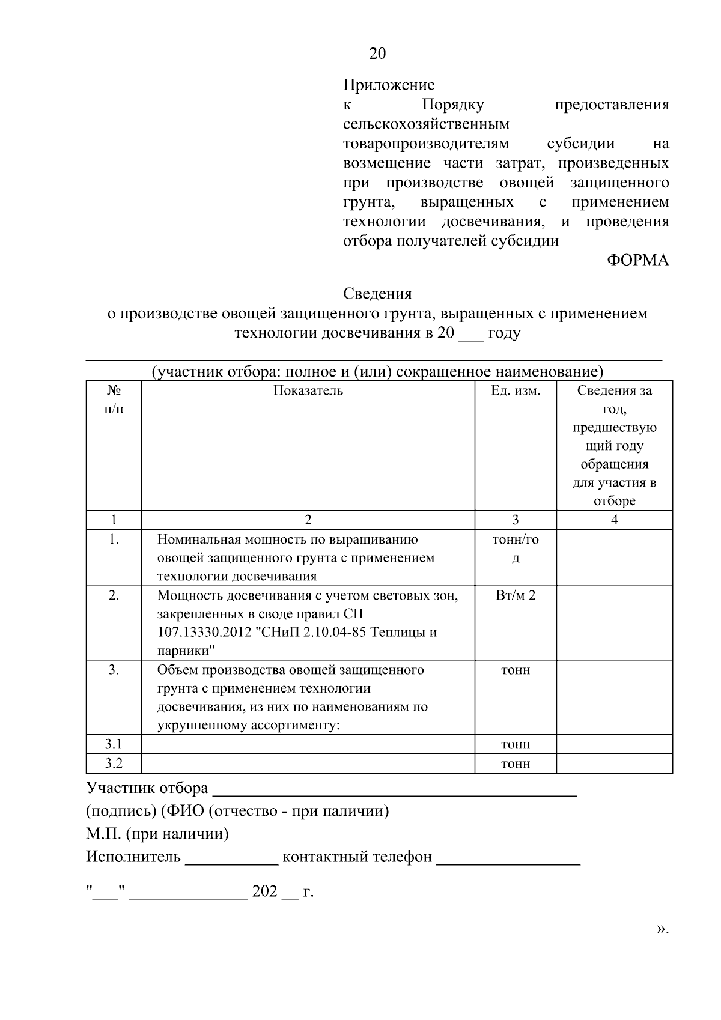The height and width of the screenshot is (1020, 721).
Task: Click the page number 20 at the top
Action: point(377,54)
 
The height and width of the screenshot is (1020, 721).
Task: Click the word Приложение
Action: point(389,85)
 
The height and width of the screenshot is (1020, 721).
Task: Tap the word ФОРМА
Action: point(637,260)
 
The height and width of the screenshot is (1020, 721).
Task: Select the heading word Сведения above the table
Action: point(377,294)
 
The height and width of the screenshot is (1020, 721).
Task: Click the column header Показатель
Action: point(308,391)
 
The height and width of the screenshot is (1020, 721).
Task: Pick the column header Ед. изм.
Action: point(516,391)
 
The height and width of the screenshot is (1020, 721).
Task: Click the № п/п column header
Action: point(114,400)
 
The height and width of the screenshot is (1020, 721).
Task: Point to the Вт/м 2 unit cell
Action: point(516,595)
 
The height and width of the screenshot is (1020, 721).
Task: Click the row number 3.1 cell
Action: point(114,744)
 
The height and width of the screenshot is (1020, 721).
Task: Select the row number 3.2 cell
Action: point(114,763)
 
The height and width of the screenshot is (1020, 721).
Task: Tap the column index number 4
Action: point(614,520)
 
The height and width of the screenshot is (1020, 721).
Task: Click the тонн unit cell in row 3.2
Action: point(516,764)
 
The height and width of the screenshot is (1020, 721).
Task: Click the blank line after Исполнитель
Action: point(232,863)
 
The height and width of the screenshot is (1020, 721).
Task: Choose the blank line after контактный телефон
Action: point(508,863)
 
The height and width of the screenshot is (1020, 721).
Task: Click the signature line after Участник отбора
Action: point(395,794)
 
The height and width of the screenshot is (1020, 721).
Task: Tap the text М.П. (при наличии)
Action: point(157,834)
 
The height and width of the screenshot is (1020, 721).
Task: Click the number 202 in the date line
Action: point(264,891)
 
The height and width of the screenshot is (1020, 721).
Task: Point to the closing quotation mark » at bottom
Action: point(662,929)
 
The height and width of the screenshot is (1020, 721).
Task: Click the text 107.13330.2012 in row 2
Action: point(198,633)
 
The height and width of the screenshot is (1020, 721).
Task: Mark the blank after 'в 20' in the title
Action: point(470,338)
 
